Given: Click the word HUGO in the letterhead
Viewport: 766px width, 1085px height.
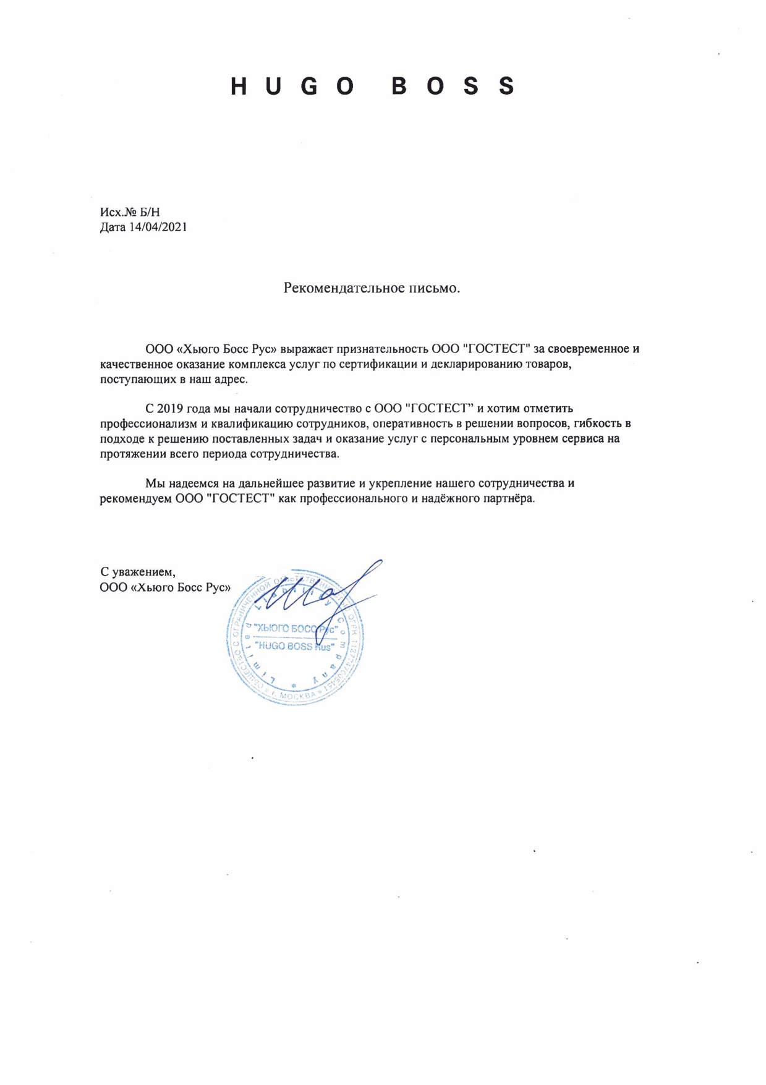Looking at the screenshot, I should point(292,87).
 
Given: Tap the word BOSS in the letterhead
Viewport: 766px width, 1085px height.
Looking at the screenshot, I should point(453,87).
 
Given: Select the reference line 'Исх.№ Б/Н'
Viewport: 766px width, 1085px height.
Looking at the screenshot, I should point(130,212).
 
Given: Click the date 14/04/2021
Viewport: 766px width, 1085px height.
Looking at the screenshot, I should point(158,227).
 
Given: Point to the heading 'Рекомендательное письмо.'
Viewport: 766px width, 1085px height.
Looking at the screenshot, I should point(372,288).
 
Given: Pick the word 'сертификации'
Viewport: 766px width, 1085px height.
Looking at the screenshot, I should point(378,364).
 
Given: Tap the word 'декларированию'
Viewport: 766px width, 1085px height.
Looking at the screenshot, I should point(479,364).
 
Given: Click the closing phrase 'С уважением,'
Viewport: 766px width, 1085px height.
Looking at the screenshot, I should point(137,572).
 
